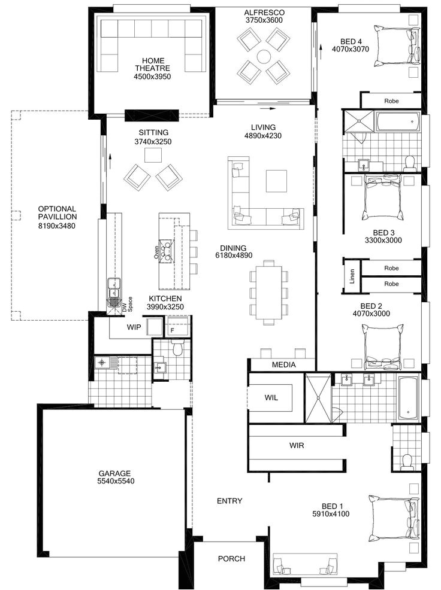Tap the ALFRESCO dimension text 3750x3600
(264, 20)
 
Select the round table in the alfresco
(264, 56)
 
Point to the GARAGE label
(116, 473)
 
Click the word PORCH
(231, 559)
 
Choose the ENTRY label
(229, 501)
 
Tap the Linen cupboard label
(352, 276)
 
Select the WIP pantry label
(134, 327)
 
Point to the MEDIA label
(283, 364)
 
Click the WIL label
(271, 397)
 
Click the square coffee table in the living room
(276, 181)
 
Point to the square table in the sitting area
(152, 155)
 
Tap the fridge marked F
(173, 330)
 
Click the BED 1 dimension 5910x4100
(331, 514)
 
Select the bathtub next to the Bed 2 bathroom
(409, 398)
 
